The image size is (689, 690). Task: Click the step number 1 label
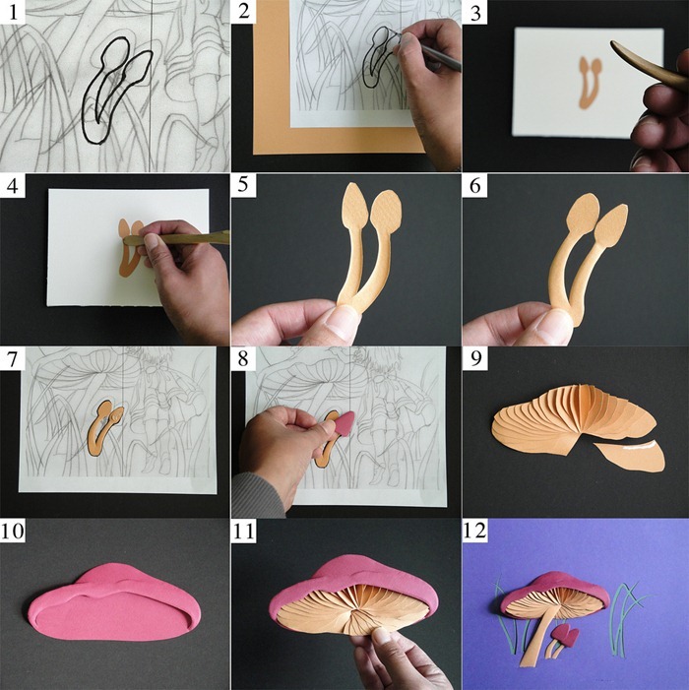(13, 13)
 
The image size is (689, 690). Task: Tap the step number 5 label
(243, 185)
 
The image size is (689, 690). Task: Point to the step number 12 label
(475, 531)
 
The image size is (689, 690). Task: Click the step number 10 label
(13, 531)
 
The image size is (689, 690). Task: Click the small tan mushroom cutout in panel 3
(589, 83)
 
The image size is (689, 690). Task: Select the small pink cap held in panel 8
(344, 423)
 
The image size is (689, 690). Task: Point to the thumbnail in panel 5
(338, 322)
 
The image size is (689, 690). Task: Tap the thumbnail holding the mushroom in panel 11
(381, 637)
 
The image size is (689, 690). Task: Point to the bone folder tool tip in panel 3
(614, 44)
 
